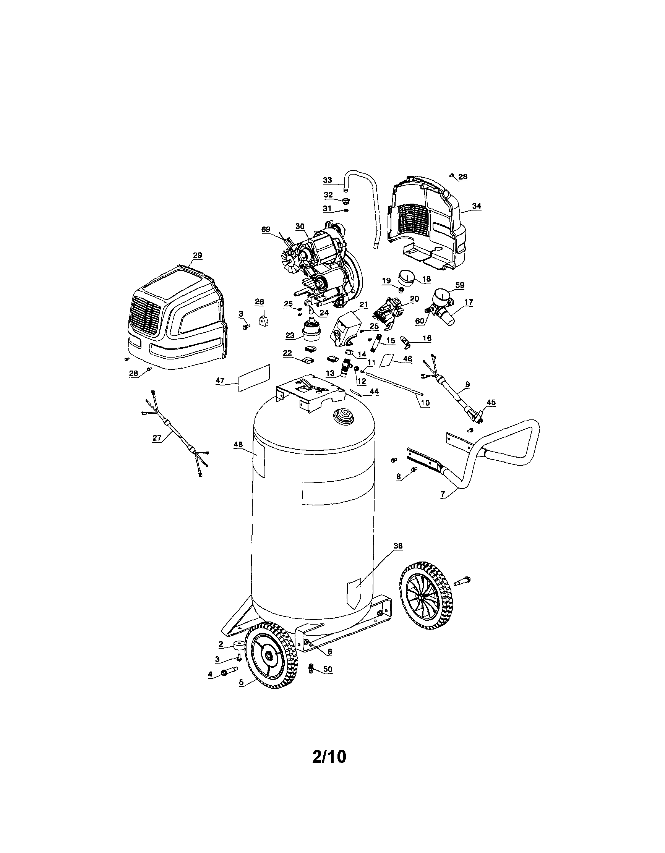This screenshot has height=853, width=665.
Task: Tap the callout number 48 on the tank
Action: point(238,445)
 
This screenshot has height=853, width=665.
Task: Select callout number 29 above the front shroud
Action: point(197,256)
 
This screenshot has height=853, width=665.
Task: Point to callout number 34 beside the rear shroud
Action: point(477,206)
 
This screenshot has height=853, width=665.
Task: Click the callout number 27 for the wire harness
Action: point(157,438)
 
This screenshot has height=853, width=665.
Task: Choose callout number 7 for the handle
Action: point(443,494)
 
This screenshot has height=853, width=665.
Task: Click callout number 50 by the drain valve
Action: point(328,669)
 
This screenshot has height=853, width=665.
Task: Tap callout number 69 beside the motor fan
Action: point(266,230)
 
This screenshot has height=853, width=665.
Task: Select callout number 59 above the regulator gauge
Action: point(460,285)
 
